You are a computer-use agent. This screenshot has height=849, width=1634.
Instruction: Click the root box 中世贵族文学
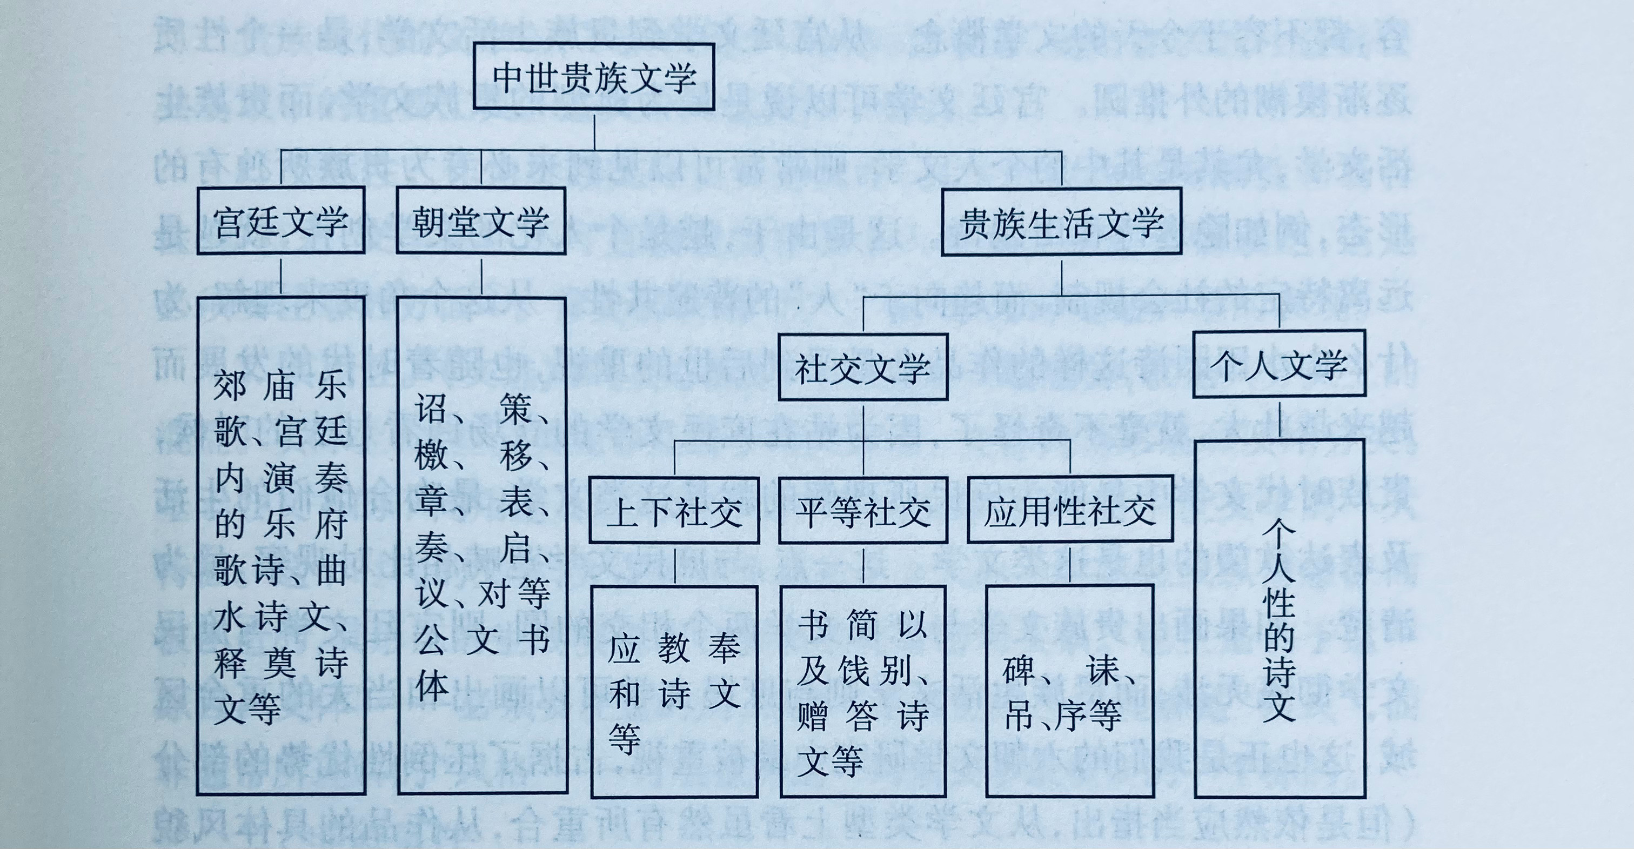pyautogui.click(x=594, y=77)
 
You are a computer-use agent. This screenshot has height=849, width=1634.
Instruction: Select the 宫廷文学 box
pyautogui.click(x=281, y=222)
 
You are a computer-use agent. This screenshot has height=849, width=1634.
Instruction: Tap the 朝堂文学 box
pyautogui.click(x=480, y=222)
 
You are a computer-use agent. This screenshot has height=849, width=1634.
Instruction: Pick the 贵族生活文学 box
pyautogui.click(x=1061, y=222)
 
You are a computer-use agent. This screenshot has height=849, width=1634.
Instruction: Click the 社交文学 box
pyautogui.click(x=863, y=367)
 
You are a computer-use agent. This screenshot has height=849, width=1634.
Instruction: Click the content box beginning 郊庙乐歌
pyautogui.click(x=281, y=546)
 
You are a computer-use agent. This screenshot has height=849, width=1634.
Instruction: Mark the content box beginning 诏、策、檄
pyautogui.click(x=481, y=546)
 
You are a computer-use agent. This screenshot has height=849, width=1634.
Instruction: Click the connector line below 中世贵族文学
pyautogui.click(x=594, y=130)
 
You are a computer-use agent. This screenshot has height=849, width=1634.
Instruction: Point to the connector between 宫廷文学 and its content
pyautogui.click(x=281, y=276)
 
